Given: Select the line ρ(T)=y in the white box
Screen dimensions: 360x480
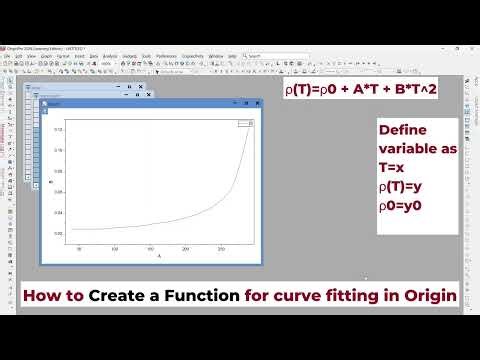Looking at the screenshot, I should pos(399,187).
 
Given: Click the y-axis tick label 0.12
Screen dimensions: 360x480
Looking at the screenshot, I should pos(58,129).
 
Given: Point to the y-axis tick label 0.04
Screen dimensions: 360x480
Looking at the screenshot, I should pos(58,213).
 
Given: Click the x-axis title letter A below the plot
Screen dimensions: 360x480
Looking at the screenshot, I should pos(158,257).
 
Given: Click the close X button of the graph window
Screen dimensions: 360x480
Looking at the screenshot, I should pos(254,103).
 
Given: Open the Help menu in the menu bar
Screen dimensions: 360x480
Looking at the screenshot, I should pos(232,56).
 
